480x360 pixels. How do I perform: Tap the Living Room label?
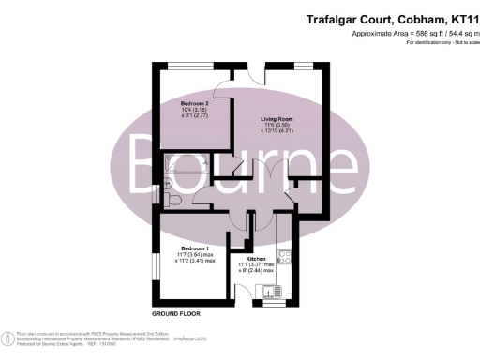tap(277, 120)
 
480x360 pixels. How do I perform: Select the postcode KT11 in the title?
tap(454, 19)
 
